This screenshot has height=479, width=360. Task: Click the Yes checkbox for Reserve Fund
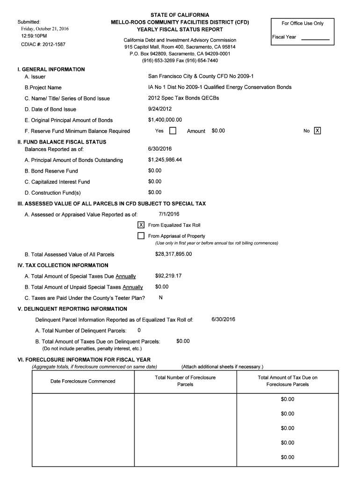173,131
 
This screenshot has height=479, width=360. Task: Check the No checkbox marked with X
317,131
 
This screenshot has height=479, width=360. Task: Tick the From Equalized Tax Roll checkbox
141,225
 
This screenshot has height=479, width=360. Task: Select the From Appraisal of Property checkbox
141,236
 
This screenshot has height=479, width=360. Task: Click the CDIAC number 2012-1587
42,44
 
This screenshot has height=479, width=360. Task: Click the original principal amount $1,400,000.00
165,120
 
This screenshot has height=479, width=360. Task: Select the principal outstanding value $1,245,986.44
165,160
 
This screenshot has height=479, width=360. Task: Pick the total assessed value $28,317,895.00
173,254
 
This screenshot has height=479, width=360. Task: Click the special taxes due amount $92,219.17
168,276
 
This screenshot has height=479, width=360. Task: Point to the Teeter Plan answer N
161,298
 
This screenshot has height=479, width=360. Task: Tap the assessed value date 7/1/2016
169,214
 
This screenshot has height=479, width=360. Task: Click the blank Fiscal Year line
316,40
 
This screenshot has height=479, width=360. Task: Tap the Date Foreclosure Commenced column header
83,381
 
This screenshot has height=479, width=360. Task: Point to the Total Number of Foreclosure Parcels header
185,381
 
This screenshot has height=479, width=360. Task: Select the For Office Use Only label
302,23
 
